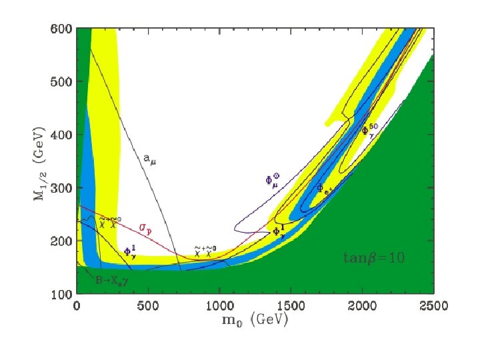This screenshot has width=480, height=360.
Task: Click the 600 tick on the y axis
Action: coord(61,29)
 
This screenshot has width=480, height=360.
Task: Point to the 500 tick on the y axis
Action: coord(61,82)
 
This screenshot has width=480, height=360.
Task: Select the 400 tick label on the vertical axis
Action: coord(61,135)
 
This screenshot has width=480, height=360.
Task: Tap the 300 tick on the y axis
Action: coord(61,188)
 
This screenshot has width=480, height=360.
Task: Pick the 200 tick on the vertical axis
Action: coord(61,241)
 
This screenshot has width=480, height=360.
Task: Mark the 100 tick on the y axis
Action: coord(61,293)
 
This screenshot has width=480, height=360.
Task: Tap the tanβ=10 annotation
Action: coord(373,257)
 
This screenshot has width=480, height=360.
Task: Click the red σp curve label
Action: coord(145,227)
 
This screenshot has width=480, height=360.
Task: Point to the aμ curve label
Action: coord(150,159)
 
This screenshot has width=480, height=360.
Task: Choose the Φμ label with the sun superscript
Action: coord(273,179)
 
